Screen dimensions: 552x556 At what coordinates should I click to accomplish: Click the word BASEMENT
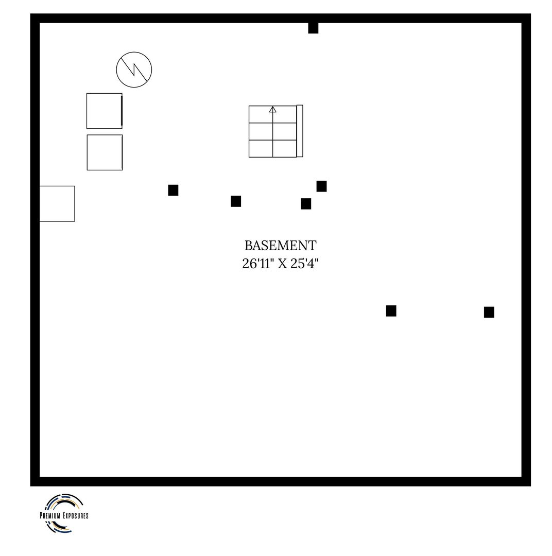[x=280, y=246]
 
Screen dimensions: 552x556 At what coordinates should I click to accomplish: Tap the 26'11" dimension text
[x=257, y=264]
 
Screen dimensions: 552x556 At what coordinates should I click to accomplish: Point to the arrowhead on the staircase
[x=272, y=109]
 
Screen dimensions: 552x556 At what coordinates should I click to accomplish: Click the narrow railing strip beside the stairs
[x=300, y=131]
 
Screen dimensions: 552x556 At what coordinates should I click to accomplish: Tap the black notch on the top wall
[x=313, y=28]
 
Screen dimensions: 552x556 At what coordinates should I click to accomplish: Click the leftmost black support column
[x=173, y=190]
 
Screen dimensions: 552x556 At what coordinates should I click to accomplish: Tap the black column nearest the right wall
[x=489, y=312]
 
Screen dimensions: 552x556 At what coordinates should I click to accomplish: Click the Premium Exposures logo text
[x=64, y=515]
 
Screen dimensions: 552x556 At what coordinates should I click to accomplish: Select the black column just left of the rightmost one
[x=391, y=310]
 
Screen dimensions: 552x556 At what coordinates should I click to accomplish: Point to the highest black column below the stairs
[x=322, y=186]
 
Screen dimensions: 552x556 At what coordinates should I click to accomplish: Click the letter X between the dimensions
[x=282, y=264]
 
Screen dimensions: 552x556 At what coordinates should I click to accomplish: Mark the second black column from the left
[x=236, y=201]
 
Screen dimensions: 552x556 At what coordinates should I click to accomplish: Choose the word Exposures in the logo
[x=76, y=515]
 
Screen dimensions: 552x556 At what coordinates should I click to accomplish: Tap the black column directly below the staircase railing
[x=306, y=203]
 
